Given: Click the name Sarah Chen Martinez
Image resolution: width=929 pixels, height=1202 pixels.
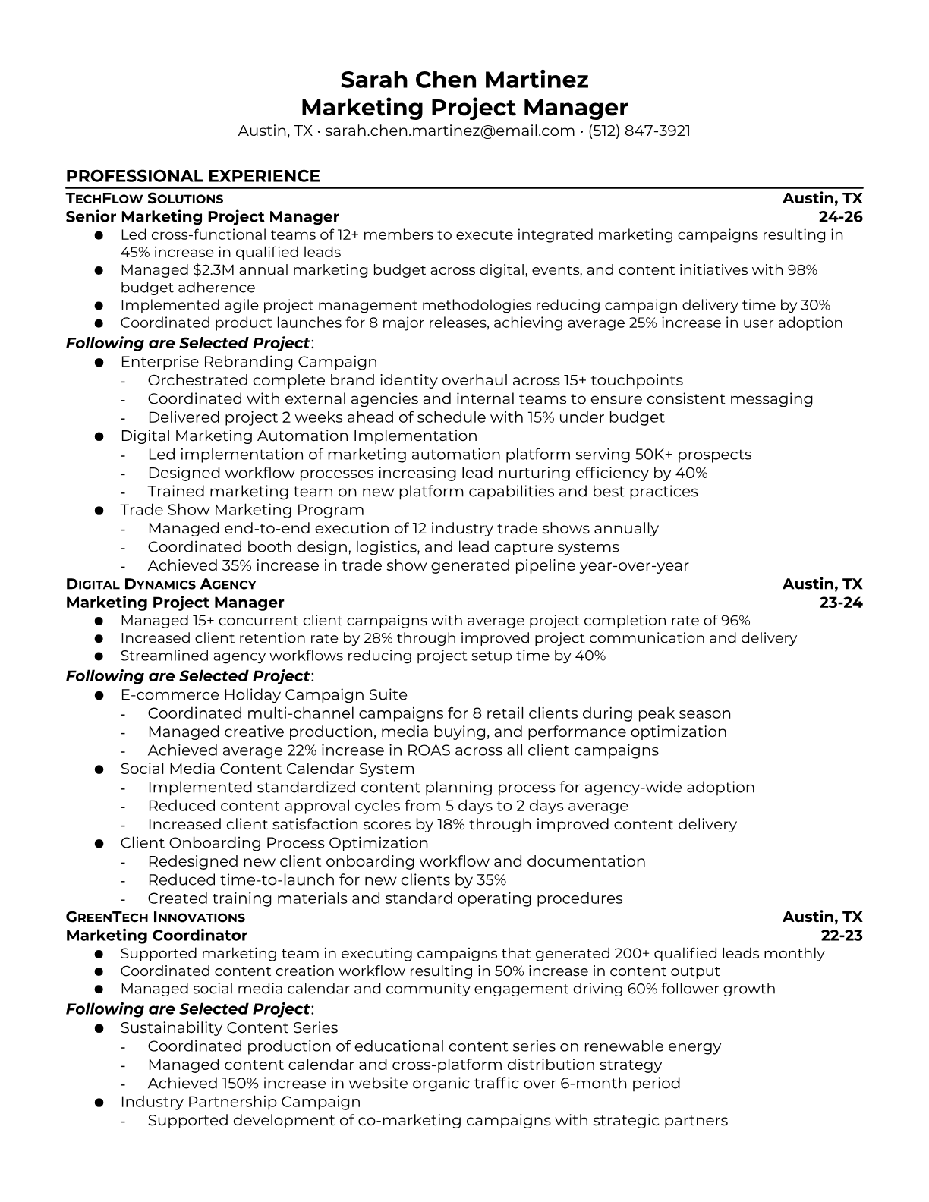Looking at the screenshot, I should click(x=464, y=80).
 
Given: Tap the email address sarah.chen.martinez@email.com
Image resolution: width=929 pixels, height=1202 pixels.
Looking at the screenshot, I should click(x=449, y=131).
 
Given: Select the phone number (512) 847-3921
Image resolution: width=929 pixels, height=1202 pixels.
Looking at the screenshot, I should click(x=639, y=131).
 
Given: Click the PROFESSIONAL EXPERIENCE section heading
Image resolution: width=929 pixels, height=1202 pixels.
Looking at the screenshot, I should click(x=193, y=176).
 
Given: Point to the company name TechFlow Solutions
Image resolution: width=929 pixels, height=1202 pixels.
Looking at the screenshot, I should click(x=144, y=199).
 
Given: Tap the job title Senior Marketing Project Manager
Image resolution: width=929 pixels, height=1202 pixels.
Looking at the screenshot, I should click(x=202, y=217).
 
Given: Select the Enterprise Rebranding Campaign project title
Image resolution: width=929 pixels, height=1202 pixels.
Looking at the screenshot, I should click(x=248, y=362).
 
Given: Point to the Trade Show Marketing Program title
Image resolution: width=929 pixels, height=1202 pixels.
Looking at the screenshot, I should click(x=242, y=510).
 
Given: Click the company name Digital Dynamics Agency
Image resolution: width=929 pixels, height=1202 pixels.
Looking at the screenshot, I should click(x=161, y=584).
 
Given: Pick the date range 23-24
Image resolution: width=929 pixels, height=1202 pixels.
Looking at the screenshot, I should click(x=841, y=603).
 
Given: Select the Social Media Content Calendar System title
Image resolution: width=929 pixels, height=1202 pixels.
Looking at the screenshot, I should click(x=267, y=769).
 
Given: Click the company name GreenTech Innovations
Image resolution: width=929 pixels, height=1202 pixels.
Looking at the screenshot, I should click(x=155, y=917).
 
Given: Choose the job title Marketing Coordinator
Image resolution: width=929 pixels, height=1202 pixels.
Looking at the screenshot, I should click(x=156, y=936).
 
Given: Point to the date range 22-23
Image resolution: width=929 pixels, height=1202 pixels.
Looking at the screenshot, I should click(x=842, y=936).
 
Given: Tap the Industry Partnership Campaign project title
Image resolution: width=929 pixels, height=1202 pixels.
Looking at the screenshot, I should click(x=240, y=1102).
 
